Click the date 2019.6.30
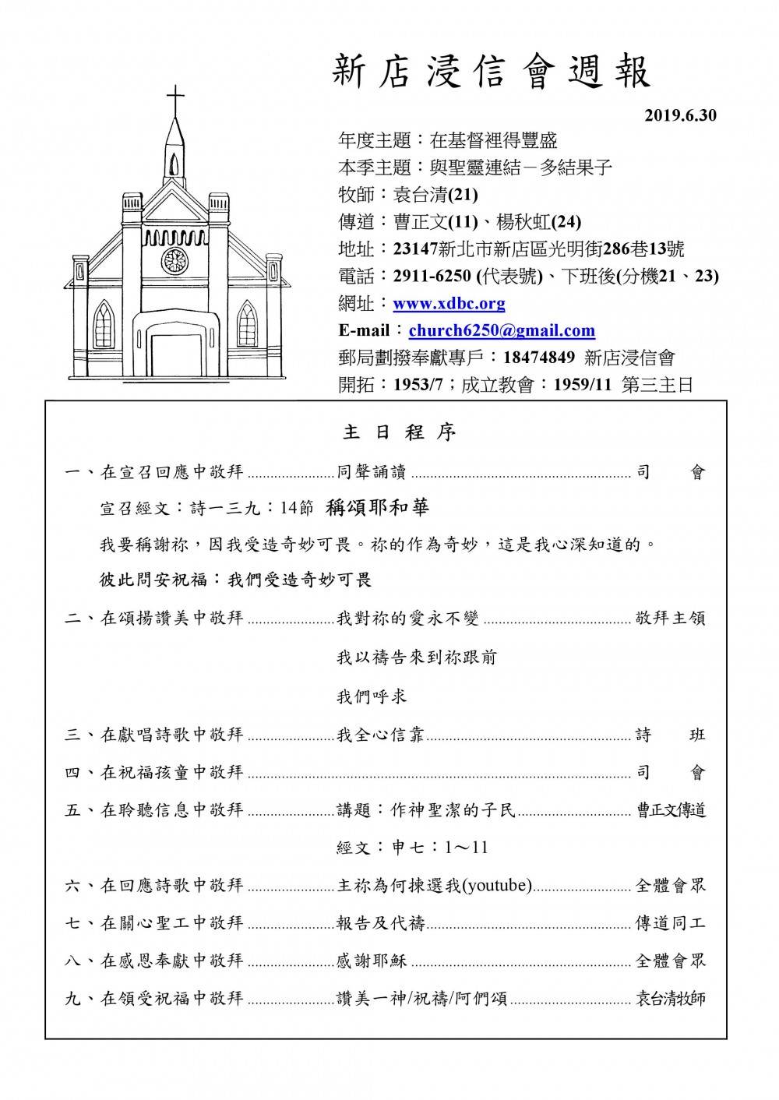point(680,116)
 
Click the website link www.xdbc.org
point(449,304)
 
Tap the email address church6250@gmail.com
point(502,331)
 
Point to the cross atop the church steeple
point(176,100)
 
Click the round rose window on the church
point(174,260)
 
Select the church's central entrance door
point(175,354)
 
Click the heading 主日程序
point(399,432)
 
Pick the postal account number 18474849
point(539,358)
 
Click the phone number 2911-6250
point(432,277)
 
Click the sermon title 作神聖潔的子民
point(453,811)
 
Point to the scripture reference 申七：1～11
point(412,848)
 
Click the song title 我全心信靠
point(381,735)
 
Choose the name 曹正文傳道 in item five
point(671,811)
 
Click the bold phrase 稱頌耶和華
point(378,508)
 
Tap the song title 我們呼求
point(372,696)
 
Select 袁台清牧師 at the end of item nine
point(671,999)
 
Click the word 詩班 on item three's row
point(671,735)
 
